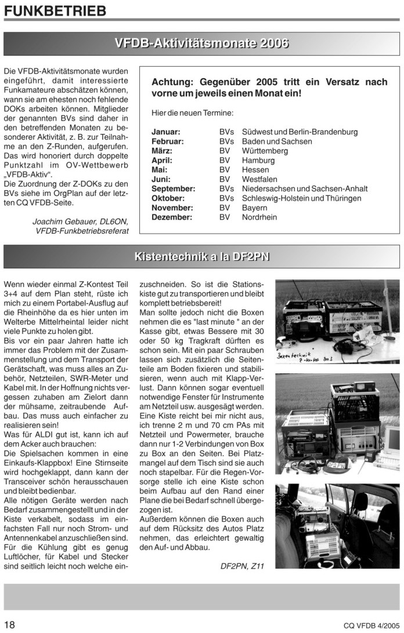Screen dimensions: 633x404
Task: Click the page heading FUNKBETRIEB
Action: (56, 10)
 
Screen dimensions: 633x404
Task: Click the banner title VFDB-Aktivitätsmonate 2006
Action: (201, 43)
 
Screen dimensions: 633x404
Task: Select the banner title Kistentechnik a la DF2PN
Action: (201, 256)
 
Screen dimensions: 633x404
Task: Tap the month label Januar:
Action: (166, 132)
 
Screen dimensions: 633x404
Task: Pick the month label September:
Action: (174, 189)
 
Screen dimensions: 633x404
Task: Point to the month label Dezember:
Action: (172, 217)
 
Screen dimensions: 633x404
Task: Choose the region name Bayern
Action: (255, 208)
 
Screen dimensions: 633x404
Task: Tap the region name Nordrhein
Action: (259, 217)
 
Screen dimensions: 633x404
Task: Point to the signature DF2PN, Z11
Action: (243, 566)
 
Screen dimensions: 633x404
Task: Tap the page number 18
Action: (10, 624)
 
